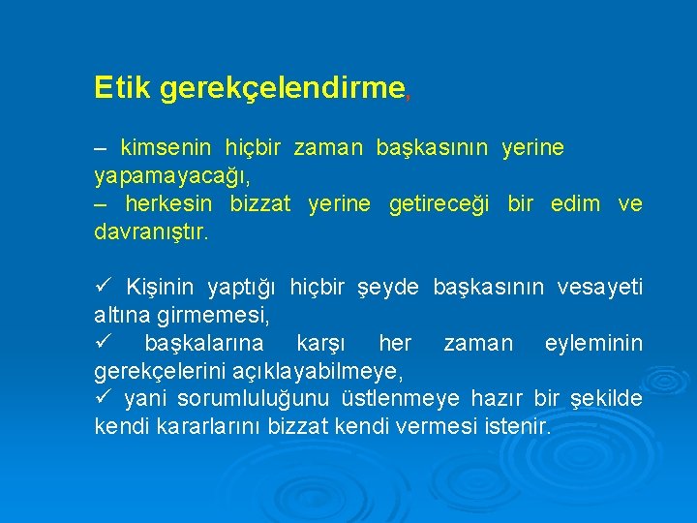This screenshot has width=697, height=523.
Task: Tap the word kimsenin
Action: tap(165, 149)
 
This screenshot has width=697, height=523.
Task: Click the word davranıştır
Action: tap(150, 233)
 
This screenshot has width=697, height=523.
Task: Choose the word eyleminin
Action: tap(593, 344)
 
